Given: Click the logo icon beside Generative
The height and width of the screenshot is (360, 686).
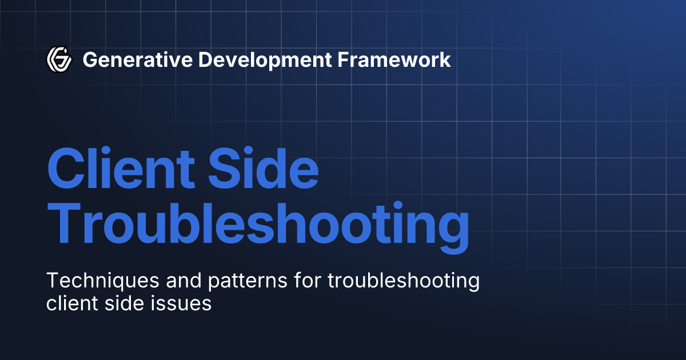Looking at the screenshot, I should (x=58, y=59).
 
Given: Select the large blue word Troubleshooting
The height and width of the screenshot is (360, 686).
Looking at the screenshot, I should (x=258, y=225).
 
